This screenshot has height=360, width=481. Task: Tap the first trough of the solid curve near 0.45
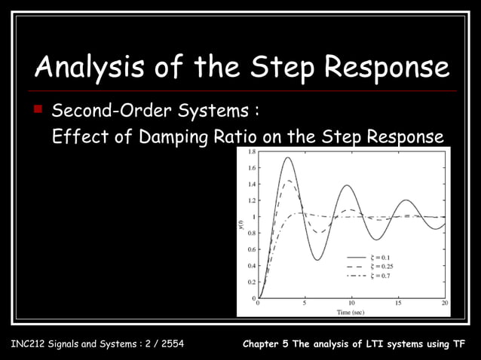[x=318, y=261]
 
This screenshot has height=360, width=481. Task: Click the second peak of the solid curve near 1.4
[x=348, y=185]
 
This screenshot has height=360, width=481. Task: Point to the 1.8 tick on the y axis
[x=251, y=151]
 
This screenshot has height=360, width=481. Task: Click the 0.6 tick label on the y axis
[x=251, y=249]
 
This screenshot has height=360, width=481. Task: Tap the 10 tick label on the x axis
[x=351, y=303]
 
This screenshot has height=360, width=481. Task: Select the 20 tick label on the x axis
[x=445, y=303]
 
